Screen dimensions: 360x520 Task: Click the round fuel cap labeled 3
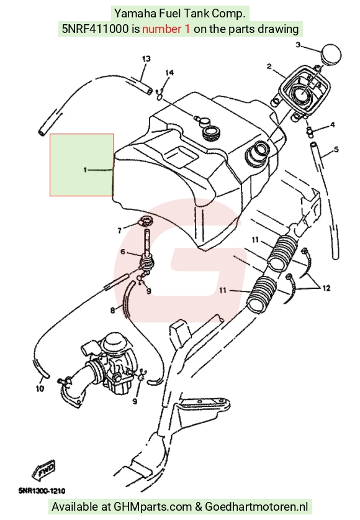point(330,53)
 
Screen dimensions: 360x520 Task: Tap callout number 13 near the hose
point(146,59)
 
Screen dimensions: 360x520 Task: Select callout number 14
point(169,73)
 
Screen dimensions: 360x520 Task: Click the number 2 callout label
point(269,66)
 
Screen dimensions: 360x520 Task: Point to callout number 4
point(332,125)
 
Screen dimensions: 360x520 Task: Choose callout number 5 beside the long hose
point(336,150)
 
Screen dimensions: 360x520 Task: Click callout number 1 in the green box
point(85,170)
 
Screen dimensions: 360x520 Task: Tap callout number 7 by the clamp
point(120,230)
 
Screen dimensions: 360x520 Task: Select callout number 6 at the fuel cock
point(123,252)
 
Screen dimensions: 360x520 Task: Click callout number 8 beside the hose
point(112,311)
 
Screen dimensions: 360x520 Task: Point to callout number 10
point(40,388)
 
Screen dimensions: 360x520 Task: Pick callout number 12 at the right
point(326,288)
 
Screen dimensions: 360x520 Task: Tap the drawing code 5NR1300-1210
point(42,491)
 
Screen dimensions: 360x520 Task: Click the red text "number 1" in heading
point(166,29)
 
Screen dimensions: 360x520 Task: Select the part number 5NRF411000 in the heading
point(95,29)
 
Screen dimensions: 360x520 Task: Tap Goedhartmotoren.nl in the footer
point(257,507)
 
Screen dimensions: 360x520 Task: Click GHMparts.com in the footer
point(153,507)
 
